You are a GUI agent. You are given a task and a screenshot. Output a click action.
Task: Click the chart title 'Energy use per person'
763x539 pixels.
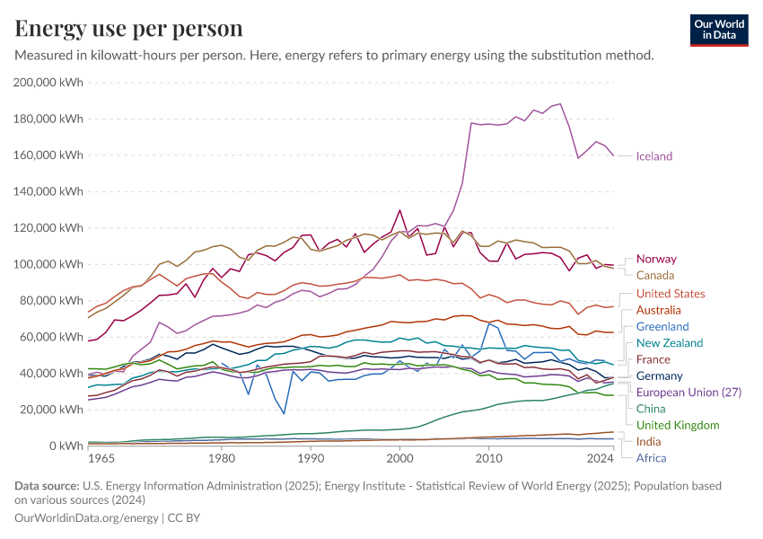click(x=129, y=29)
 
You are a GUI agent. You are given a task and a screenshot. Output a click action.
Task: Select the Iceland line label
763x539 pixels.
click(x=653, y=156)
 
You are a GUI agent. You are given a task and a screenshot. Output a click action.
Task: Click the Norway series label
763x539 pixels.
click(x=656, y=259)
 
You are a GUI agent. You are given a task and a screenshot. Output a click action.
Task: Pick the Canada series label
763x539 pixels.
click(x=654, y=275)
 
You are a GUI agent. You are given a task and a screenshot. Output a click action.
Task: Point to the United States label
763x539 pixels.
click(x=670, y=294)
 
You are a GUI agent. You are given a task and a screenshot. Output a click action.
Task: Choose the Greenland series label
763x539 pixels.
click(x=662, y=326)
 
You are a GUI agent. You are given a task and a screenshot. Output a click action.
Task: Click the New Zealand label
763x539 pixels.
click(x=669, y=342)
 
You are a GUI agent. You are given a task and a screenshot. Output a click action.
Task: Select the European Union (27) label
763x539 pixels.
click(x=688, y=393)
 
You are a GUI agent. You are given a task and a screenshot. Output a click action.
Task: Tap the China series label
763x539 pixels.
click(x=650, y=409)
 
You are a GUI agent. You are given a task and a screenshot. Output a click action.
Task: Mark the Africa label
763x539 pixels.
click(x=651, y=458)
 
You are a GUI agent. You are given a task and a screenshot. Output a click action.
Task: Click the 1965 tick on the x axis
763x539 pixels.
click(x=101, y=459)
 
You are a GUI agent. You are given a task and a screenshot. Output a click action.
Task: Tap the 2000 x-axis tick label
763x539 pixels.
click(x=399, y=459)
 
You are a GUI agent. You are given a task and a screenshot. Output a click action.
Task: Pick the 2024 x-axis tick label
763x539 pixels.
click(x=601, y=459)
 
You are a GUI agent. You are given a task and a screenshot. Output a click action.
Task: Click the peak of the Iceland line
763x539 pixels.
click(x=560, y=103)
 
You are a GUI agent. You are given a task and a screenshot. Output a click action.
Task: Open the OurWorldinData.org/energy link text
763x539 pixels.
click(x=87, y=518)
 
